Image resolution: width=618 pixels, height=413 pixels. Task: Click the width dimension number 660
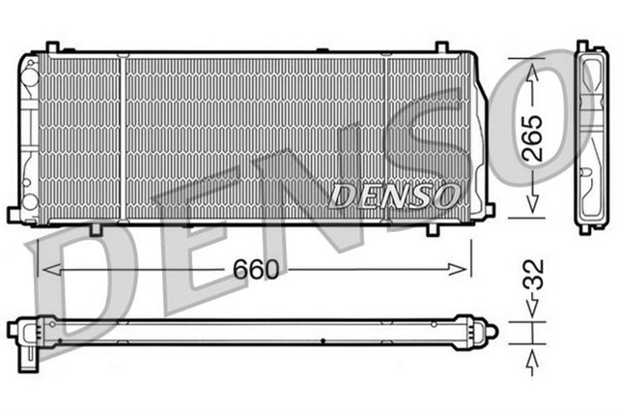(256, 270)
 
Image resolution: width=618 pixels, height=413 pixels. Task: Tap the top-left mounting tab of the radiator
(52, 46)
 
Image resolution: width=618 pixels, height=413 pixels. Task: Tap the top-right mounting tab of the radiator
(440, 46)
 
